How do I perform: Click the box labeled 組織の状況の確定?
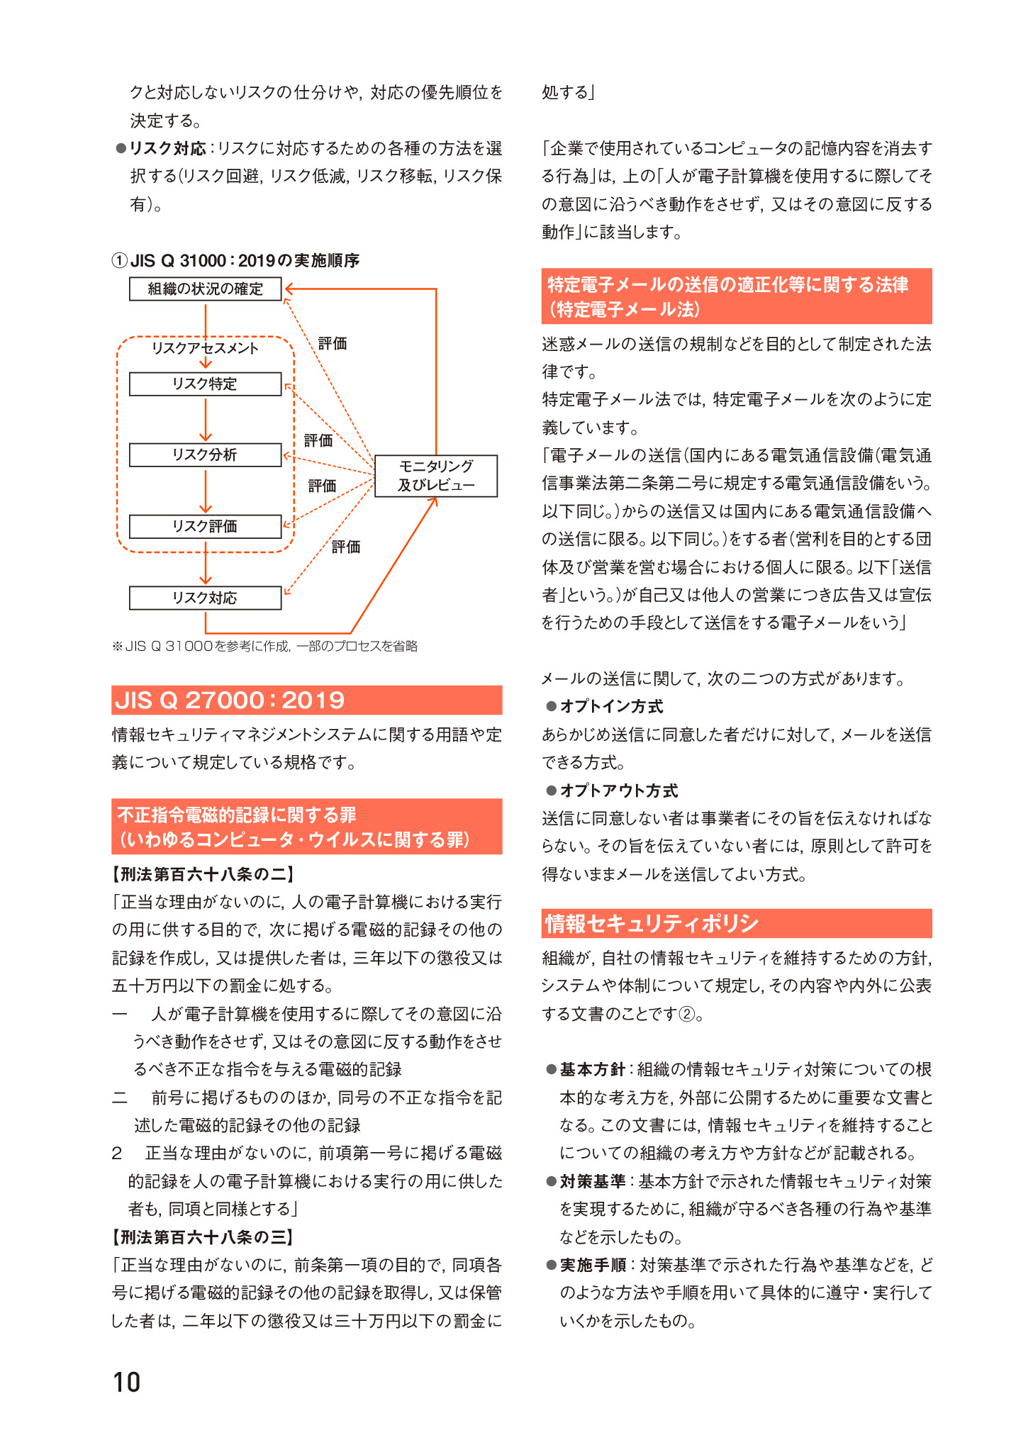205,289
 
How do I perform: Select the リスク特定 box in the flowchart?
205,384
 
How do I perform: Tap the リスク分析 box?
205,454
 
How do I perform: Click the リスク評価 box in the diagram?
205,526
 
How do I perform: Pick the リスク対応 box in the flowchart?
205,598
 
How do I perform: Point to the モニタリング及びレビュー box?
435,476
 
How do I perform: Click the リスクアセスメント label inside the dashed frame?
205,347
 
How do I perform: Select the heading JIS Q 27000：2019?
230,700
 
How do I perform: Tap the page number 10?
127,1382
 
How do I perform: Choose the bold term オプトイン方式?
611,706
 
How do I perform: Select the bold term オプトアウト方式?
618,791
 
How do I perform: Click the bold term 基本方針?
592,1069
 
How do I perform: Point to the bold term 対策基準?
592,1181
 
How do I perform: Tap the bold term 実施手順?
592,1265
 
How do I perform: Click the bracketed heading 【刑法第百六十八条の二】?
203,874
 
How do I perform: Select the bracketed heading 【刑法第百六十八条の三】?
203,1237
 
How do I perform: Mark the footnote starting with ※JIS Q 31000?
265,646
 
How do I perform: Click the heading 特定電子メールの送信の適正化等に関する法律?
727,285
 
